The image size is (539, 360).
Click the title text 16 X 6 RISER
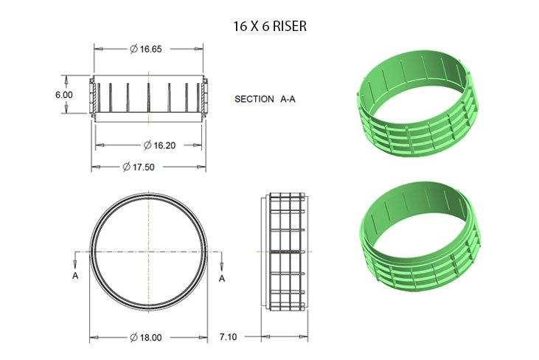[269, 26]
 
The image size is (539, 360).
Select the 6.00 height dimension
[63, 94]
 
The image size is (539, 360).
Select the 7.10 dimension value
[229, 337]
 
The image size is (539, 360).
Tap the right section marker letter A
[222, 277]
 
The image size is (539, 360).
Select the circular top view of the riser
[148, 251]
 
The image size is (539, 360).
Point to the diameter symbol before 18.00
[133, 337]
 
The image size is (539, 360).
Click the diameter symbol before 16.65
[133, 49]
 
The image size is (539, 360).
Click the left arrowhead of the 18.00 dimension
[94, 338]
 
